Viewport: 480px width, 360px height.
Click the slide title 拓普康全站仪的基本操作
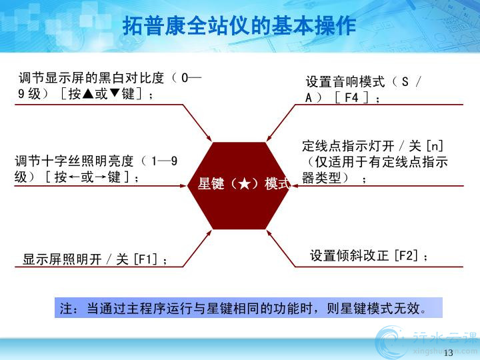(239, 26)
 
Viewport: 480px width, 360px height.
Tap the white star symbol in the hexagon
(245, 184)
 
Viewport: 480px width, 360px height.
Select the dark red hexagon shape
(239, 185)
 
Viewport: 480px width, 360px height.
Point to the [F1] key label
(146, 259)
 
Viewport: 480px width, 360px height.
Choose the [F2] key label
(406, 255)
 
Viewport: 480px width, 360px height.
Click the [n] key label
(435, 146)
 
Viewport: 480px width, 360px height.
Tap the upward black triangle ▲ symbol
(88, 93)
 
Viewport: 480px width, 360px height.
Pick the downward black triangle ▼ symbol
(114, 93)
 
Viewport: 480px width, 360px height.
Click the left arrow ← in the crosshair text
(73, 177)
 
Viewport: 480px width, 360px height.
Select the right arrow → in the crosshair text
(100, 177)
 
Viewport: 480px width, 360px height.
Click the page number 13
(448, 353)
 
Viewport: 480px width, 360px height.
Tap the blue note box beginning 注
(248, 307)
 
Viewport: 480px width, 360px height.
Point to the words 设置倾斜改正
(349, 255)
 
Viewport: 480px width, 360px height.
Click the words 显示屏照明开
(62, 259)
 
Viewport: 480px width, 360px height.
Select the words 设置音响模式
(345, 82)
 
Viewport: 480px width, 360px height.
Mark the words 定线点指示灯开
(348, 146)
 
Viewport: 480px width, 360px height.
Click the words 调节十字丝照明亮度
(74, 161)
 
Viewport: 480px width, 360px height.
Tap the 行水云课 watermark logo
(426, 342)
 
